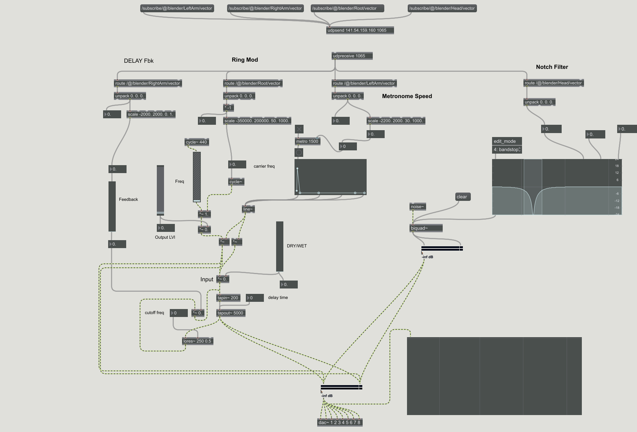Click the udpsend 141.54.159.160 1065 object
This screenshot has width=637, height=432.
360,30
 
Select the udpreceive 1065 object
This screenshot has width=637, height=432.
352,56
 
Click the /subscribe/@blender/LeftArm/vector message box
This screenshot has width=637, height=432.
177,8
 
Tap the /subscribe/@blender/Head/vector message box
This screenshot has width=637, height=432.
442,8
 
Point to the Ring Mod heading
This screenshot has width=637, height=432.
245,60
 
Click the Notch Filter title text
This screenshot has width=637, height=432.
552,67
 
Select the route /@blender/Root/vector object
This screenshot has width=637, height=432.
253,83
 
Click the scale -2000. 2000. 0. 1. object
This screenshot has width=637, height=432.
151,114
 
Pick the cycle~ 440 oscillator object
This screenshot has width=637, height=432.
197,142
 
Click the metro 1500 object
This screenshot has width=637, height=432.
308,141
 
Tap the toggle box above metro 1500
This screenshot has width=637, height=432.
299,129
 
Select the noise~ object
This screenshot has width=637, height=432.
417,207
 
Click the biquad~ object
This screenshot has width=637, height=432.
426,228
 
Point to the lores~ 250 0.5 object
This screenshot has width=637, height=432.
198,341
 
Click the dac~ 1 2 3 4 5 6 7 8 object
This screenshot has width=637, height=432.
340,423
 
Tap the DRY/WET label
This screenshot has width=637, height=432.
297,246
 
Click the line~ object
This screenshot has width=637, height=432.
248,209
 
